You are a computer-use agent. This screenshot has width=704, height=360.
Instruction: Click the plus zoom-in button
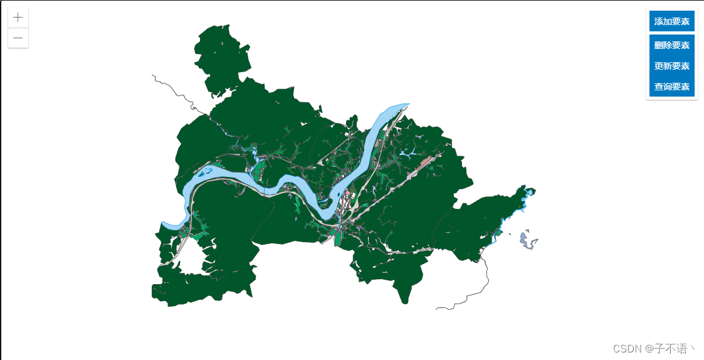click(18, 18)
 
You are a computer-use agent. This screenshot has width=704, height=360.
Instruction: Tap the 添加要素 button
click(671, 21)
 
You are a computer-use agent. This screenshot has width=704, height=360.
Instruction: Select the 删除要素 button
click(671, 45)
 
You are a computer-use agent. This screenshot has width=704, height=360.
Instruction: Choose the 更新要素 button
click(671, 66)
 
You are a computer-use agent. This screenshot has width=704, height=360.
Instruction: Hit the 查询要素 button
click(671, 87)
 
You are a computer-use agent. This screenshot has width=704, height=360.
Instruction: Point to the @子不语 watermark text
click(671, 349)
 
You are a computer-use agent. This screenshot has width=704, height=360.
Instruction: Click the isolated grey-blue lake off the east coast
click(527, 241)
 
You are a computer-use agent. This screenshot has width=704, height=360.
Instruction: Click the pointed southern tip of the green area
click(403, 299)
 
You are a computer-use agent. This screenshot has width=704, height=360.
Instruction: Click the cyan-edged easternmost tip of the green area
click(530, 191)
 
